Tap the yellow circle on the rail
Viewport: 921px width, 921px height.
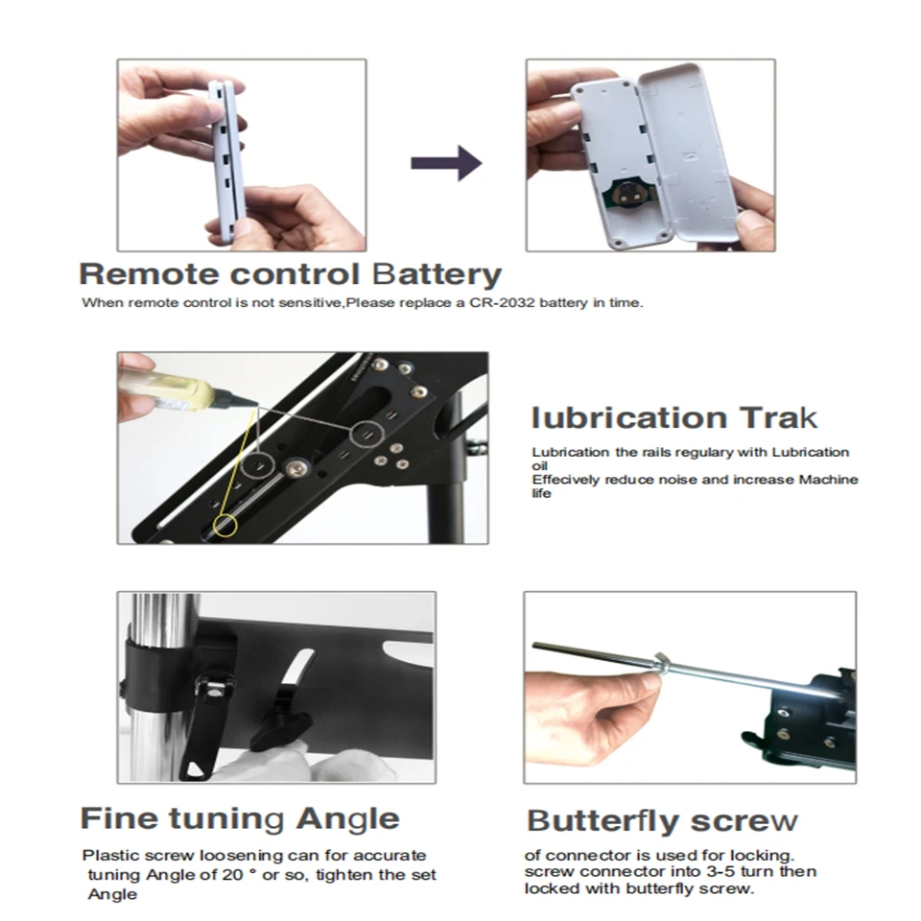tap(226, 524)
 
